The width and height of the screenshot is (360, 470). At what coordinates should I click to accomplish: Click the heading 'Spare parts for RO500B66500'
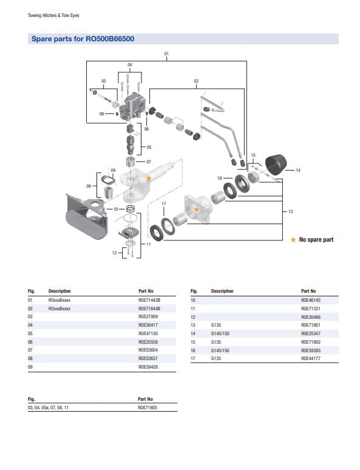(83, 39)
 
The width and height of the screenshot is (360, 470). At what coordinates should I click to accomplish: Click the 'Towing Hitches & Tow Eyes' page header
(54, 15)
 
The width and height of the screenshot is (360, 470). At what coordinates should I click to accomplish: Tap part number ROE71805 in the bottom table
(148, 408)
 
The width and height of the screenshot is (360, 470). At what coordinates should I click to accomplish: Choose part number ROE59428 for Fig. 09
(148, 367)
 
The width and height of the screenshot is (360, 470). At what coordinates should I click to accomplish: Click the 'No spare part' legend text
(316, 240)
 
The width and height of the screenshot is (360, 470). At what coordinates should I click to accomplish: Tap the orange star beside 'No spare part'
(293, 240)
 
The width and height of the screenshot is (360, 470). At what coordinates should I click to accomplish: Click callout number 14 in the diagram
(297, 171)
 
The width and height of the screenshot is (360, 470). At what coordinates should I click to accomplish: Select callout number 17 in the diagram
(163, 203)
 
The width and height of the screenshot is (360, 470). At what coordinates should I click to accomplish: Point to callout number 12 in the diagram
(113, 253)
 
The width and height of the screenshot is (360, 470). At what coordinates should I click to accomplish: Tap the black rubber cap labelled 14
(277, 165)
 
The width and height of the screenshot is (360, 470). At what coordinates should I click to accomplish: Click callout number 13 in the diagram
(290, 211)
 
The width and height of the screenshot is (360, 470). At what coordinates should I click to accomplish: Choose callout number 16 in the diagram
(219, 178)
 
